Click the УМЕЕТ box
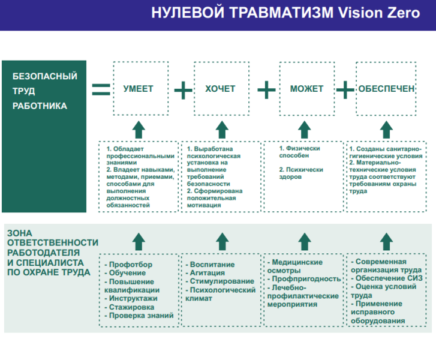(x=139, y=89)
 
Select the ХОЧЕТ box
(x=220, y=89)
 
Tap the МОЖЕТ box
(x=306, y=89)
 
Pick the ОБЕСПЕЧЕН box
(x=386, y=89)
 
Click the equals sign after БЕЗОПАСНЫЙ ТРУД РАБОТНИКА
(x=101, y=89)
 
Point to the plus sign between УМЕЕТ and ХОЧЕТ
(x=183, y=91)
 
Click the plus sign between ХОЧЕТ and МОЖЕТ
(x=266, y=91)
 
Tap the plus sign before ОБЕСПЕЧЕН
(x=345, y=90)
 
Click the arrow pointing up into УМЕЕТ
(x=139, y=129)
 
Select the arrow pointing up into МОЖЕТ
(x=305, y=129)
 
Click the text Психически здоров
(x=301, y=173)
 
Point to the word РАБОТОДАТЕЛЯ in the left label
(x=40, y=252)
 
